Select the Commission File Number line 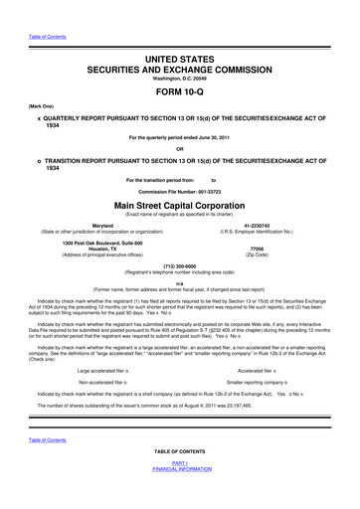[x=179, y=189]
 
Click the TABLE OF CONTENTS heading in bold [x=179, y=479]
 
